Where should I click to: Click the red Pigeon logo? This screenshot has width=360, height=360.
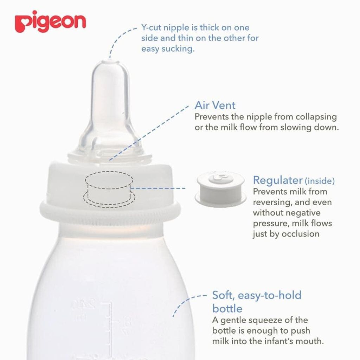coord(50,21)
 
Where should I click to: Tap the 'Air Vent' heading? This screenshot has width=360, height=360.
coord(215,105)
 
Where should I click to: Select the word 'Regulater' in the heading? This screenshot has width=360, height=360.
coord(278,180)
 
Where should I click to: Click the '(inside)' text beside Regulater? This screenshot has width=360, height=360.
coord(320,181)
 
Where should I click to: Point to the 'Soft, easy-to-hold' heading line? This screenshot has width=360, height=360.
coord(257,295)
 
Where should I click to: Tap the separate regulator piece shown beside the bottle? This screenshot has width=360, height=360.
coord(220,189)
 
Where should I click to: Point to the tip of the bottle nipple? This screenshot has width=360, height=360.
coord(110,61)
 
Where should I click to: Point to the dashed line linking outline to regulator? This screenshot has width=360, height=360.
coord(158,188)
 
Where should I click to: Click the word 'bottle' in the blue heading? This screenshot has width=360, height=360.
coord(227,308)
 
